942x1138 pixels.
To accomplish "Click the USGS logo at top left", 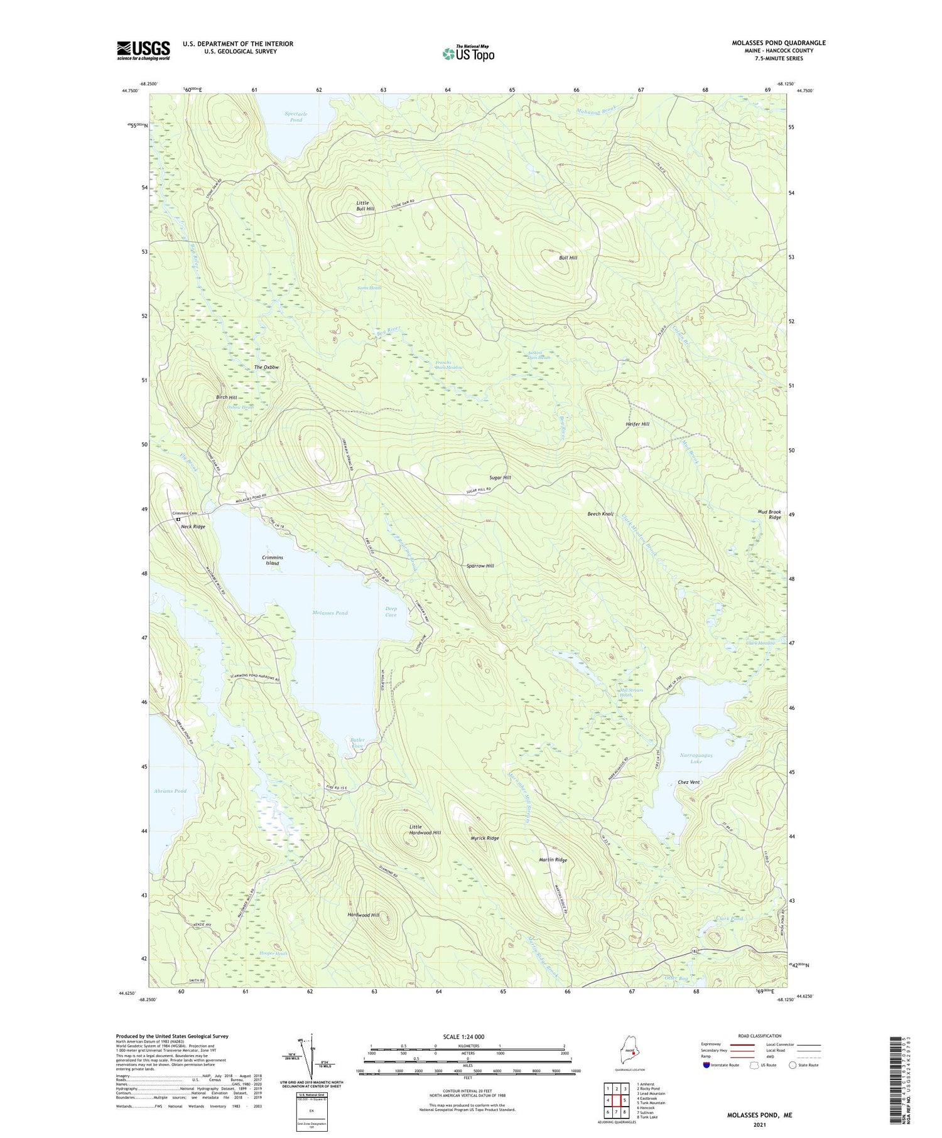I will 143,50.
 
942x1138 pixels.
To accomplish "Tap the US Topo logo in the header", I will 468,54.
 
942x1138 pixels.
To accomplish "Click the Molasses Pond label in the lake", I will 330,613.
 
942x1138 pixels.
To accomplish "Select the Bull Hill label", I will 568,257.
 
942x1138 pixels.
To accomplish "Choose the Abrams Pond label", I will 170,791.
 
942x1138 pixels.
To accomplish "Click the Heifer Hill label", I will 637,424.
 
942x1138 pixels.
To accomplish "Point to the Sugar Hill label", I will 501,478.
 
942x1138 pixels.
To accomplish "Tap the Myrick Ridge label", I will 485,838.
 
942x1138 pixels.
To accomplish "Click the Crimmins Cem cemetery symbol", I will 178,520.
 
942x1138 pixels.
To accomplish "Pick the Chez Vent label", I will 689,782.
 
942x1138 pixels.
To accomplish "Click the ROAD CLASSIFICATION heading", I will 760,1036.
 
